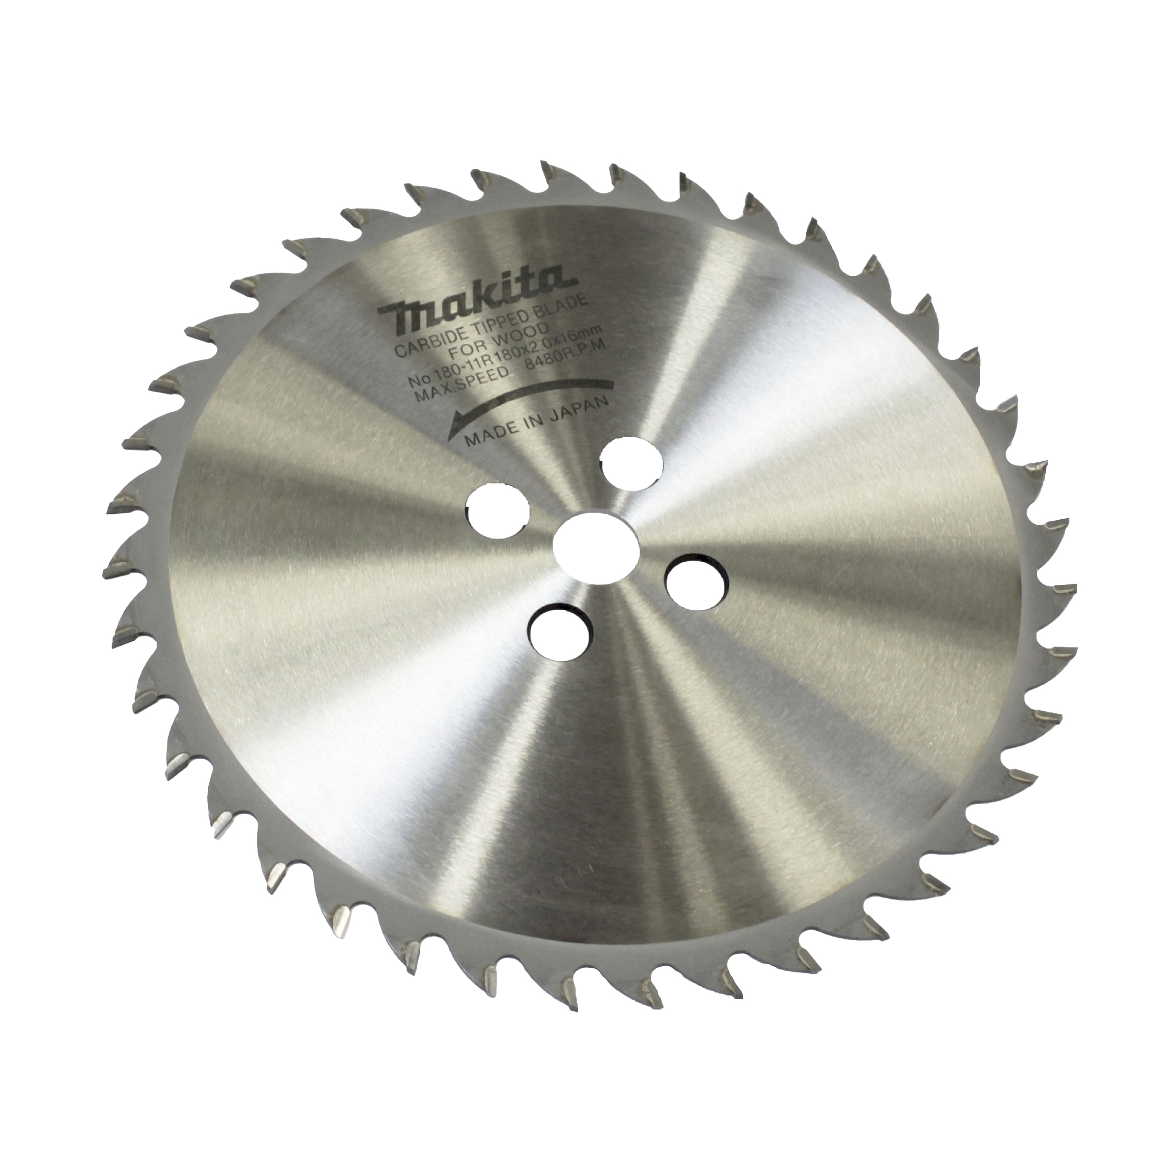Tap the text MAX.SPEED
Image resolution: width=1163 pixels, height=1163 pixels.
pos(458,390)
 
